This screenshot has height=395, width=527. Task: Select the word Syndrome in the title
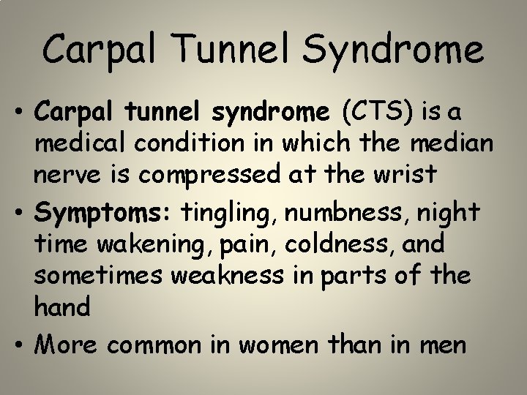pyautogui.click(x=392, y=51)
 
